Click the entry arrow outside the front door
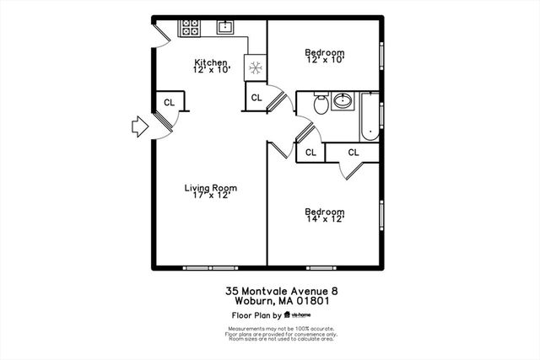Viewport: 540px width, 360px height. pyautogui.click(x=138, y=127)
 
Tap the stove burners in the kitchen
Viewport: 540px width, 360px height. pyautogui.click(x=189, y=28)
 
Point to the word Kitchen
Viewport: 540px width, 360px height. pyautogui.click(x=211, y=63)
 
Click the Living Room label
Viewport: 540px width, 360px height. pyautogui.click(x=211, y=188)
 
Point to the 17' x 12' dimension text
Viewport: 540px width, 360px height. pyautogui.click(x=211, y=196)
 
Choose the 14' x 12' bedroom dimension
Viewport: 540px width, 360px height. pyautogui.click(x=325, y=220)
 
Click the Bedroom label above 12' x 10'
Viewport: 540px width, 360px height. pyautogui.click(x=325, y=52)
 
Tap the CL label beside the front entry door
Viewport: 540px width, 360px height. pyautogui.click(x=169, y=102)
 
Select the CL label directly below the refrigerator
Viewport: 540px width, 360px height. pyautogui.click(x=256, y=98)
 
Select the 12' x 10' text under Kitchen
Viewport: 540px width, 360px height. pyautogui.click(x=211, y=72)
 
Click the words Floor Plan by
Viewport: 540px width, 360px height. pyautogui.click(x=256, y=314)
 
